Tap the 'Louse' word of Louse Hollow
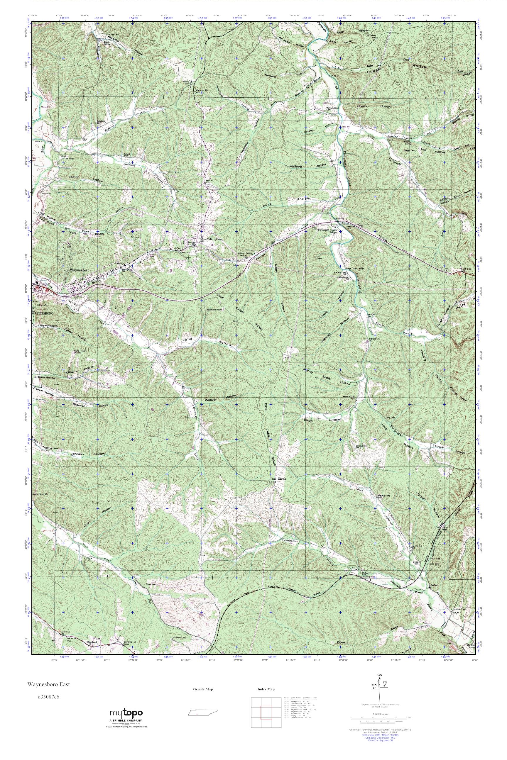(x=266, y=206)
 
